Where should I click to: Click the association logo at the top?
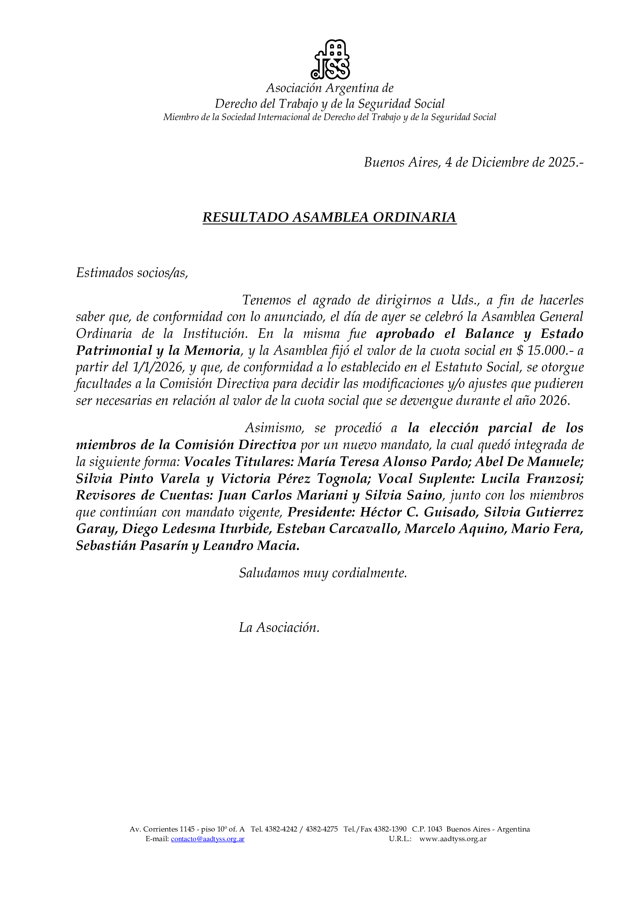point(330,59)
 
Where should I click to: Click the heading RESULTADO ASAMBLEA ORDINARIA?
point(330,217)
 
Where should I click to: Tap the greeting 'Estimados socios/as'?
point(132,273)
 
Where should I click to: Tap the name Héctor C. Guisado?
point(418,512)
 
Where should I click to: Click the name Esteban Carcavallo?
point(338,529)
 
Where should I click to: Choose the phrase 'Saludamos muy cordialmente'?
point(323,573)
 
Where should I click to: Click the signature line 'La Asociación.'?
point(279,628)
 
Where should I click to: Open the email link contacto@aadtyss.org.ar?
point(208,839)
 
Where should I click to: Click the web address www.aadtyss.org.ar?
point(453,839)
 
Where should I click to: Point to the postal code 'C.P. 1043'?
point(427,829)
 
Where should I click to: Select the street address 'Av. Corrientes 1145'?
point(162,829)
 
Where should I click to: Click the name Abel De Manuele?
point(529,462)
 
